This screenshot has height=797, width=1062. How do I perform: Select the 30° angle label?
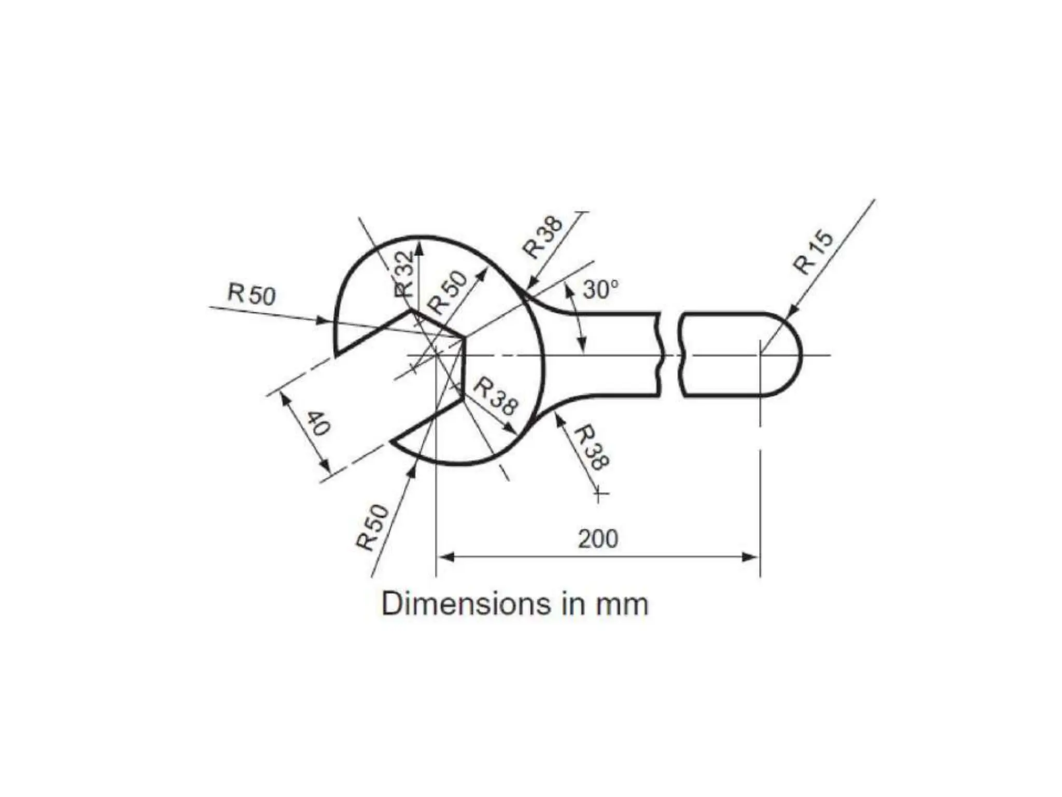[x=601, y=290]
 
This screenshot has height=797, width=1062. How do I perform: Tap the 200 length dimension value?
[x=598, y=539]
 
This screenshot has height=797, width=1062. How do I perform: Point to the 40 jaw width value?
[x=317, y=423]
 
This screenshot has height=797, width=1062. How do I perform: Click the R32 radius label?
[x=405, y=274]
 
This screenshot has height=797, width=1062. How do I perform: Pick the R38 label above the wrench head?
[x=542, y=237]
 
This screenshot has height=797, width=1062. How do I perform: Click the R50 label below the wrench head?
[x=372, y=527]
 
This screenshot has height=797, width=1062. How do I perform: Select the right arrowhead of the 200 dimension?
[x=751, y=557]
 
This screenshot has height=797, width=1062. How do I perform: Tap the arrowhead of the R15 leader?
[x=791, y=310]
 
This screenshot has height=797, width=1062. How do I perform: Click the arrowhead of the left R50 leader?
[x=324, y=321]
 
